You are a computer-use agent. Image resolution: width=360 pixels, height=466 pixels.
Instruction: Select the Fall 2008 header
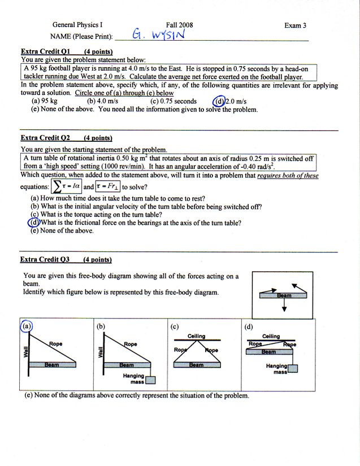coord(179,25)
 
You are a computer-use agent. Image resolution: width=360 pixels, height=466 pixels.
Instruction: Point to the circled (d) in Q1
coord(218,102)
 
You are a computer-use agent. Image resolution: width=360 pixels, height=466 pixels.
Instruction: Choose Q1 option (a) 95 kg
coord(45,102)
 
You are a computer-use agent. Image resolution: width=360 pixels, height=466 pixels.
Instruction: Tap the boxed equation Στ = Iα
coord(67,186)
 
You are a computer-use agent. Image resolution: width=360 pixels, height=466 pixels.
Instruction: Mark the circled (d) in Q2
coord(34,223)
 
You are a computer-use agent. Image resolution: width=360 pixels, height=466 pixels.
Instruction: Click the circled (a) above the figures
coord(26,326)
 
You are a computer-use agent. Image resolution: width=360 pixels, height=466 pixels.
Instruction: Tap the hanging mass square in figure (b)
coord(150,380)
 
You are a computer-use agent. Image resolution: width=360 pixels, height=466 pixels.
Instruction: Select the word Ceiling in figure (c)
coord(196,336)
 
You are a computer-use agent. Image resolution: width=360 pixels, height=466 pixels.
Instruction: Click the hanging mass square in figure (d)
coord(293,369)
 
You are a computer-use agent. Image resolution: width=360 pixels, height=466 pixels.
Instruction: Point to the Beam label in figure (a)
coord(52,365)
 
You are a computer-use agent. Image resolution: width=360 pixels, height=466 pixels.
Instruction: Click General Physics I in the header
coord(77,25)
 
